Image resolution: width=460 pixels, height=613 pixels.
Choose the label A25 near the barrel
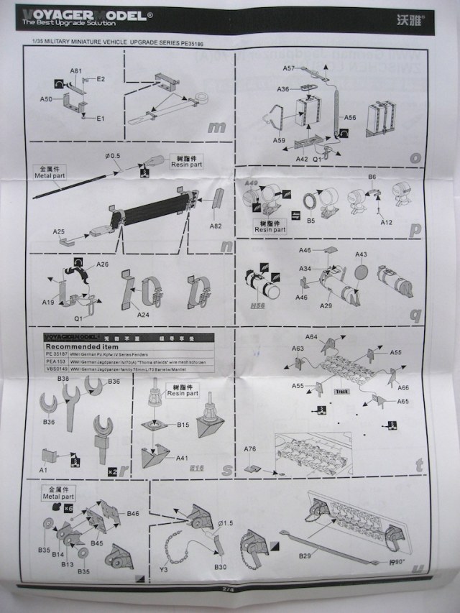pyautogui.click(x=59, y=231)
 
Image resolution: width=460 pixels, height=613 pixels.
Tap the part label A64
pyautogui.click(x=311, y=336)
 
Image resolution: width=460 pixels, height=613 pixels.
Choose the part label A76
pyautogui.click(x=249, y=449)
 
